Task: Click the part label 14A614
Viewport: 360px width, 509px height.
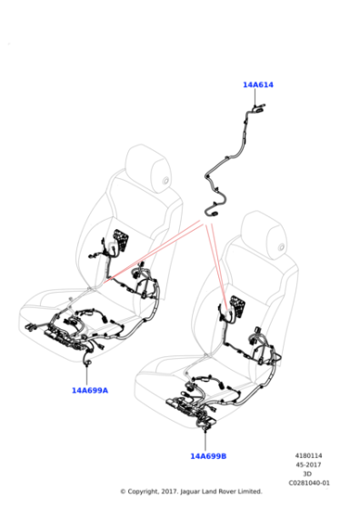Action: click(x=258, y=85)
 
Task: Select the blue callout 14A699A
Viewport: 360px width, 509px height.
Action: click(x=90, y=390)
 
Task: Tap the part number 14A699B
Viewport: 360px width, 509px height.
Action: click(x=208, y=455)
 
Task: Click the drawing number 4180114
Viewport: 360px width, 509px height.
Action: click(x=308, y=457)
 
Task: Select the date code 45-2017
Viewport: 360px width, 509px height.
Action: click(x=310, y=466)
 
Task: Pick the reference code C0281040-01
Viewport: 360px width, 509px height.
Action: click(x=309, y=484)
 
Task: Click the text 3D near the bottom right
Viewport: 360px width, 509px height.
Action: click(x=309, y=474)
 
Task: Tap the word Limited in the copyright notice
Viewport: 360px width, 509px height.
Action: click(x=248, y=492)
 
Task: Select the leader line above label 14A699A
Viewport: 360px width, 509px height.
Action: click(x=88, y=373)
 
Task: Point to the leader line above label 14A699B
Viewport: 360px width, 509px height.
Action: click(x=207, y=436)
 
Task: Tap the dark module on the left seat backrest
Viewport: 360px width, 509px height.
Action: click(x=120, y=243)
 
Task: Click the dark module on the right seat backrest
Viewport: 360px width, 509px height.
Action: click(x=237, y=306)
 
